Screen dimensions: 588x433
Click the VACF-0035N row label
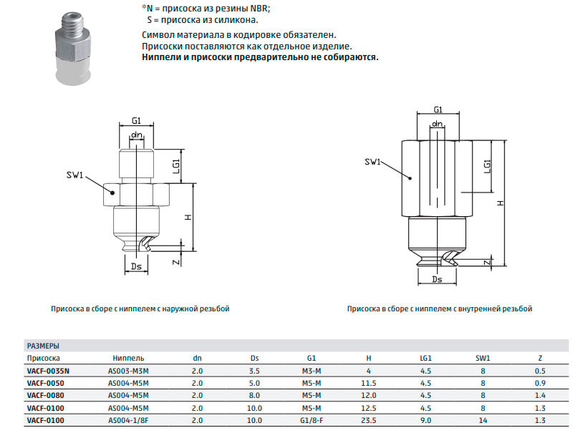(48, 371)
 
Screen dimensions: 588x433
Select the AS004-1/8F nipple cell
(128, 420)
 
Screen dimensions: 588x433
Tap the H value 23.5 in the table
(369, 420)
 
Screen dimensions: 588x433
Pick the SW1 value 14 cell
(483, 420)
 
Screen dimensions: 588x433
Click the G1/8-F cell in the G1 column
(312, 420)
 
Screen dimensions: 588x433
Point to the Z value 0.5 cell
(540, 371)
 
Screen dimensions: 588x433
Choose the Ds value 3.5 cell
(254, 371)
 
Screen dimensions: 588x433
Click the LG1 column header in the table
(425, 358)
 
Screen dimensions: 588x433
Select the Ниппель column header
(128, 358)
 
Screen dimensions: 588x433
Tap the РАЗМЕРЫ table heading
(43, 346)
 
